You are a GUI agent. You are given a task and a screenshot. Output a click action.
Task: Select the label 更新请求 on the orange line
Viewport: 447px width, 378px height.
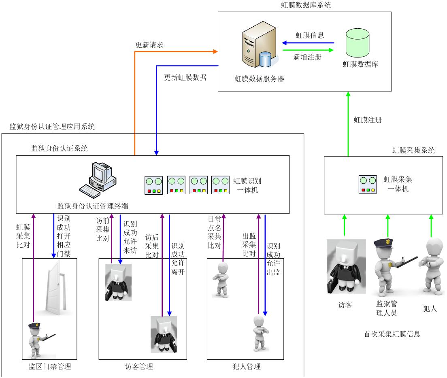coord(149,45)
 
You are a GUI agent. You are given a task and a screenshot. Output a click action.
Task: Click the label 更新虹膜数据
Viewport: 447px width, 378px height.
coord(185,77)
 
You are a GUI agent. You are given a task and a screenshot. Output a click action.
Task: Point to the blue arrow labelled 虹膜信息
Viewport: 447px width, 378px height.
coord(308,43)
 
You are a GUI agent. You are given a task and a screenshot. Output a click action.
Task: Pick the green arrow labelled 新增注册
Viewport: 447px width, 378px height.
coord(308,50)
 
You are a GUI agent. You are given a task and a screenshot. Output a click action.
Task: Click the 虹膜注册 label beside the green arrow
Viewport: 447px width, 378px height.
coord(368,120)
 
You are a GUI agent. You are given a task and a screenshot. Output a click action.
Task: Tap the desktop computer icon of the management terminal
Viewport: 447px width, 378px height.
coord(98,178)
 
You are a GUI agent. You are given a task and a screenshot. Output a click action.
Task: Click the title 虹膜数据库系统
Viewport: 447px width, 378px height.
coord(306,5)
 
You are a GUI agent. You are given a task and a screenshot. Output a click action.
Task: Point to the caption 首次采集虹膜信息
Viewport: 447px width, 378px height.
coord(392,334)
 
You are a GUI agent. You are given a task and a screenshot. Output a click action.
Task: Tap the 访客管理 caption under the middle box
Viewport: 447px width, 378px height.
coord(139,367)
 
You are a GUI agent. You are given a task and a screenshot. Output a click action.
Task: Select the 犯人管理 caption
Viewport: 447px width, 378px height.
coord(247,367)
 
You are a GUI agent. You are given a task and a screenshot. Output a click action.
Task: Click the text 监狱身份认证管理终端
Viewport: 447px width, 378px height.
coord(93,206)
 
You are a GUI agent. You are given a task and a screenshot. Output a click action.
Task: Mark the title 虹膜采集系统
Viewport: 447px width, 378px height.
coord(413,151)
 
